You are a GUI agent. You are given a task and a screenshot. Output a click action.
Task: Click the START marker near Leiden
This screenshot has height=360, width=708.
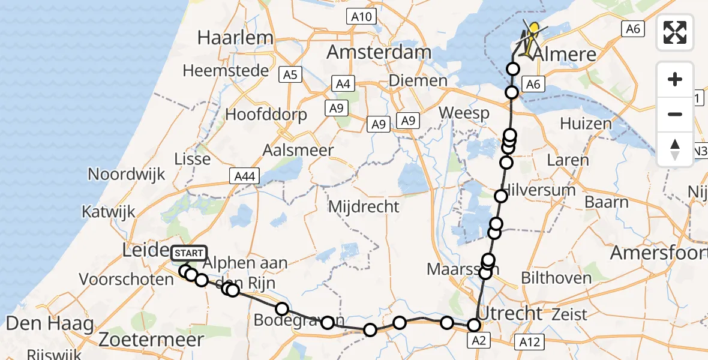click(x=189, y=253)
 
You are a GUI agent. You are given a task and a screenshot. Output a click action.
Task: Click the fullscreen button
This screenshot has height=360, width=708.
click(x=675, y=32)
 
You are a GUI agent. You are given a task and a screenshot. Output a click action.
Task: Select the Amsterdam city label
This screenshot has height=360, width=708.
click(x=379, y=52)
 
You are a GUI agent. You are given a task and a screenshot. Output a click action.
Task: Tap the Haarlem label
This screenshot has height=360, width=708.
click(x=235, y=37)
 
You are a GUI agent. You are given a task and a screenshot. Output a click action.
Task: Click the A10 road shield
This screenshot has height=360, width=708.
click(x=361, y=17)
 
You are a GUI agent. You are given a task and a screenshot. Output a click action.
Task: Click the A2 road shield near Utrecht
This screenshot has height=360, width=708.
click(x=478, y=341)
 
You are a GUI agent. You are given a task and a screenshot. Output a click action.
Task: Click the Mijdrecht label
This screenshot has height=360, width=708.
click(x=364, y=207)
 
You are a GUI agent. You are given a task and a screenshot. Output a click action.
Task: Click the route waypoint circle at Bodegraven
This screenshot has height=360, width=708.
click(x=282, y=309)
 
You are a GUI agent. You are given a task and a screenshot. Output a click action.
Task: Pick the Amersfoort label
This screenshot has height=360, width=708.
click(x=658, y=253)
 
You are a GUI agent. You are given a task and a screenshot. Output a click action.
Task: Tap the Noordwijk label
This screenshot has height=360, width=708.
click(x=126, y=175)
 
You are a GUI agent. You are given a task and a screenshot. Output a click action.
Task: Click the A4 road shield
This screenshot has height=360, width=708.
click(x=343, y=84)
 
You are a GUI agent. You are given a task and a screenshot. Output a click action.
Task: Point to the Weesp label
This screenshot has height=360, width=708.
click(x=464, y=113)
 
